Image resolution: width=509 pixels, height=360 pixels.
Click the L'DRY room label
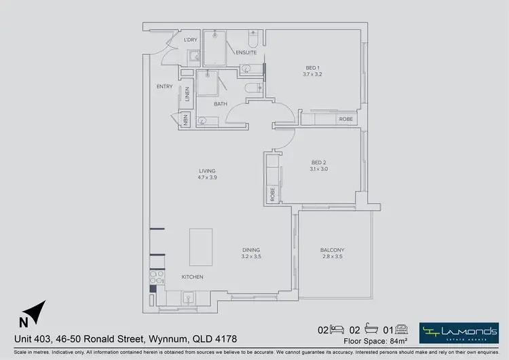pos(191,39)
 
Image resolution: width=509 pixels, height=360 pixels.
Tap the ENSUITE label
pos(246,52)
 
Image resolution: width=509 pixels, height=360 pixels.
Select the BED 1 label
pos(312,67)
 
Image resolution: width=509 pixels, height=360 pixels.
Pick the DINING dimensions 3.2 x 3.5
pos(251,257)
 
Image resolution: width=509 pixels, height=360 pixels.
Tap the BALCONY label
pos(333,250)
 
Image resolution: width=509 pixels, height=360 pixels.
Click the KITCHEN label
pos(192,277)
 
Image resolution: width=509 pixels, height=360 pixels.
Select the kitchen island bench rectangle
pos(201,247)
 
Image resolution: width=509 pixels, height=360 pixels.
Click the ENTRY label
pos(164,86)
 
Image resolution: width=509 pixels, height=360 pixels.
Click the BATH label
pos(221,104)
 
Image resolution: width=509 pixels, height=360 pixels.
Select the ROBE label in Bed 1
pos(346,120)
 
